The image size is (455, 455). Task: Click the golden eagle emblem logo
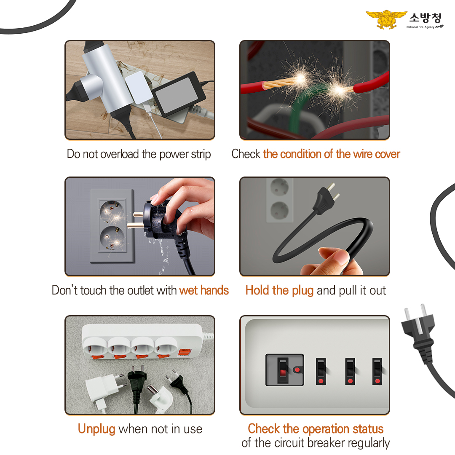(x=386, y=19)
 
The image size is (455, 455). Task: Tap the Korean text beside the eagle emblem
(x=426, y=18)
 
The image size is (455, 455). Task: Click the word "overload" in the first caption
(x=119, y=154)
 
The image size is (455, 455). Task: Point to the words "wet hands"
(x=204, y=290)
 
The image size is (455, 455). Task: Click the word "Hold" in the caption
(x=257, y=290)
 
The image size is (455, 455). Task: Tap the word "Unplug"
(x=96, y=429)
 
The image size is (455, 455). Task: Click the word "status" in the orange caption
(x=368, y=429)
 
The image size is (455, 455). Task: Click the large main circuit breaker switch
(x=284, y=370)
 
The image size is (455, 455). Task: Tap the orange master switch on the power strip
(x=184, y=352)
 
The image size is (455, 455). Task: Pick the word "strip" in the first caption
(x=201, y=154)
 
